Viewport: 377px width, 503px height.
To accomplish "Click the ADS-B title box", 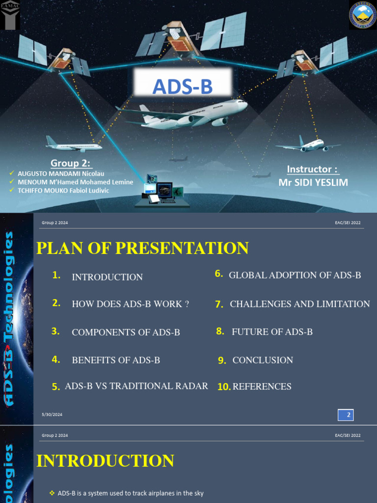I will pyautogui.click(x=182, y=87).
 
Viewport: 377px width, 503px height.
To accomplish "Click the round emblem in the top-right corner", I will pyautogui.click(x=362, y=15).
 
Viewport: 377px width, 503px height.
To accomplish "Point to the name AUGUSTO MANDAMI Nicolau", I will pyautogui.click(x=61, y=173).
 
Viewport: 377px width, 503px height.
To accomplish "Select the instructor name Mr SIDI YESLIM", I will pyautogui.click(x=313, y=183).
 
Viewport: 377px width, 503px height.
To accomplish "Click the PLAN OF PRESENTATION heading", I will pyautogui.click(x=142, y=248).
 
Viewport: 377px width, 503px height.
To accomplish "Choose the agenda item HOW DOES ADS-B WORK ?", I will pyautogui.click(x=131, y=304).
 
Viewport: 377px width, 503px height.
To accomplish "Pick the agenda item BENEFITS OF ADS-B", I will pyautogui.click(x=116, y=360).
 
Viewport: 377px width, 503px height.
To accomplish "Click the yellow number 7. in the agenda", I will pyautogui.click(x=219, y=305).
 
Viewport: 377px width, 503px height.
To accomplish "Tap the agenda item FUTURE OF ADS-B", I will pyautogui.click(x=272, y=332).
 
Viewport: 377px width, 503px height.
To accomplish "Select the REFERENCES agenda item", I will pyautogui.click(x=262, y=387).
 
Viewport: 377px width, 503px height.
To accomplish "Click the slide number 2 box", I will pyautogui.click(x=346, y=415).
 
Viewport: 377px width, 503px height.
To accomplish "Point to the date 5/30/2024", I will pyautogui.click(x=52, y=415).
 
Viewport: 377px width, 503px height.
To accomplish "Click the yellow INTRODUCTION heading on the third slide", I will pyautogui.click(x=106, y=461).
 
